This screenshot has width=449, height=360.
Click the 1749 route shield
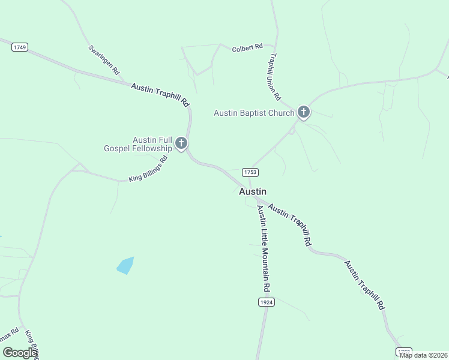pyautogui.click(x=20, y=47)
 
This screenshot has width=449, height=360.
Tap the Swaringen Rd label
pyautogui.click(x=104, y=60)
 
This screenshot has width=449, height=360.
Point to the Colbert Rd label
pyautogui.click(x=247, y=47)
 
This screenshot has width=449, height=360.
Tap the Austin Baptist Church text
pyautogui.click(x=254, y=113)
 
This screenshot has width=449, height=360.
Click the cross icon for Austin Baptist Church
pyautogui.click(x=304, y=112)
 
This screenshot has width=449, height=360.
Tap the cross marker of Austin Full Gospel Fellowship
pyautogui.click(x=181, y=143)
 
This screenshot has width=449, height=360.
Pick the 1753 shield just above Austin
pyautogui.click(x=250, y=172)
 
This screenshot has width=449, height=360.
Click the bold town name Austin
pyautogui.click(x=253, y=191)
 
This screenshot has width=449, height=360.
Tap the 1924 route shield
pyautogui.click(x=267, y=302)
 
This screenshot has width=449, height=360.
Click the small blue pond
pyautogui.click(x=125, y=266)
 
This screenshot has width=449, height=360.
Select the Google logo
pyautogui.click(x=20, y=353)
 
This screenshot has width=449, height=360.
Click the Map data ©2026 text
pyautogui.click(x=423, y=355)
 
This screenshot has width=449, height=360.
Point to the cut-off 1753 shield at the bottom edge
pyautogui.click(x=404, y=352)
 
